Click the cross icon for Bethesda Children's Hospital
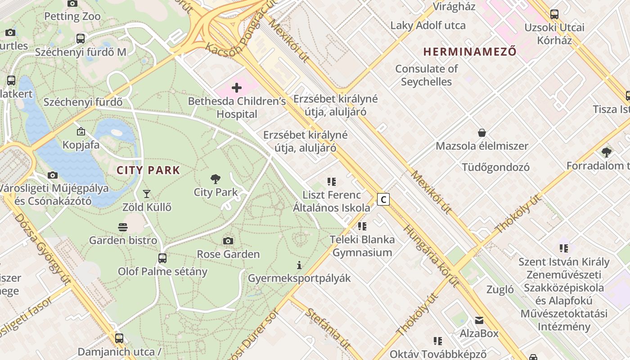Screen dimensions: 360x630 (236, 87)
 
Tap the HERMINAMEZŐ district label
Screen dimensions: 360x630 (470, 51)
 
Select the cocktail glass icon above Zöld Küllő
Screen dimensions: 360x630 (146, 194)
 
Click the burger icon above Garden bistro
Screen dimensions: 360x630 (123, 227)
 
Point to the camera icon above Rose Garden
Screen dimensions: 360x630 (228, 241)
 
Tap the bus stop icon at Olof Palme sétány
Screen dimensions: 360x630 (162, 258)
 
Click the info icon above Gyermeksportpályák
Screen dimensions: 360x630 (299, 265)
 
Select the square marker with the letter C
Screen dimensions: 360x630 (383, 199)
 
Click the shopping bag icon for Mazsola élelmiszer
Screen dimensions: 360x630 (482, 133)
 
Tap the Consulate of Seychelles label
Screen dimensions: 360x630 (426, 75)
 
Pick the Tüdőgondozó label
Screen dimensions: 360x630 (495, 167)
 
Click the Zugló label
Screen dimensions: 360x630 (500, 289)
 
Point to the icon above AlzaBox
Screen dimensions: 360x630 (479, 320)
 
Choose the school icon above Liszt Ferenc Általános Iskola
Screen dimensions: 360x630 (332, 182)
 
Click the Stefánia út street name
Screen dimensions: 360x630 (328, 328)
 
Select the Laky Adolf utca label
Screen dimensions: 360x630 (428, 25)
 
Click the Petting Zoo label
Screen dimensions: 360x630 (72, 17)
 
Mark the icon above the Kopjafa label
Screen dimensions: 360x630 (81, 131)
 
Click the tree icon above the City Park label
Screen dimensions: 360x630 (216, 179)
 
